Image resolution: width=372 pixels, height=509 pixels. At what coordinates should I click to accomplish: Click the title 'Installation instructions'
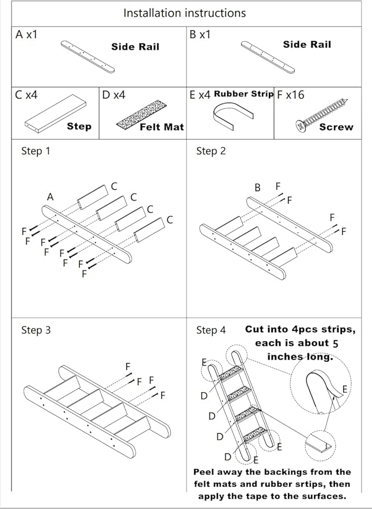(184, 13)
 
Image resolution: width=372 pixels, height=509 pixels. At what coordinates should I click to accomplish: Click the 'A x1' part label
(27, 35)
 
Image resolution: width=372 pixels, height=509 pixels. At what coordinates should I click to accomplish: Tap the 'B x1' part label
(200, 35)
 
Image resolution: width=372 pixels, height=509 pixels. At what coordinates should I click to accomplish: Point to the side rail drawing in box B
(268, 56)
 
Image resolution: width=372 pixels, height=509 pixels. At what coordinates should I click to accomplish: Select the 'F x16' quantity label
(290, 95)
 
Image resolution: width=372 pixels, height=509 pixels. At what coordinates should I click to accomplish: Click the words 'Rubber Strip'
(243, 94)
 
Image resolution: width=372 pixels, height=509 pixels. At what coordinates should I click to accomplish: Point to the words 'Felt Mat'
(162, 127)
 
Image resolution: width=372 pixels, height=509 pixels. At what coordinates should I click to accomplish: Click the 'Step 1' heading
(36, 151)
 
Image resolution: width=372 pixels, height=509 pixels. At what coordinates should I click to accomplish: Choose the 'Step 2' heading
(211, 151)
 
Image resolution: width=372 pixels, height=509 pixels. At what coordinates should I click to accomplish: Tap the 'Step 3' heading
(36, 330)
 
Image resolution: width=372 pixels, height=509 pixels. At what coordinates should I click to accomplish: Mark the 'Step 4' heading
(211, 330)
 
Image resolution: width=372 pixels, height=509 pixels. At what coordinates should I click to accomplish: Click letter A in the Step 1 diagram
(50, 197)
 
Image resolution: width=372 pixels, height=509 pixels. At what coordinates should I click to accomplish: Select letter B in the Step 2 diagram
(258, 187)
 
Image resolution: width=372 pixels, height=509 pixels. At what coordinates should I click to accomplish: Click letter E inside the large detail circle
(345, 390)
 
